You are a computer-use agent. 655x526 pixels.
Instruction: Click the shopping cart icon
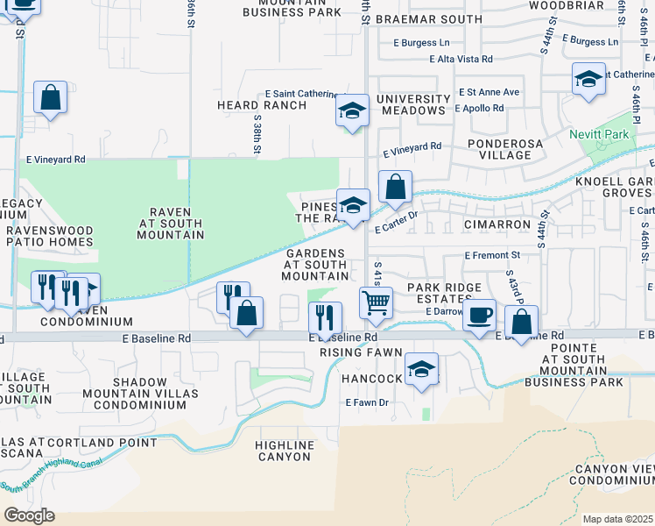(x=376, y=303)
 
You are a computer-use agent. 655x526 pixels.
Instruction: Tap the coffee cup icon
(x=479, y=316)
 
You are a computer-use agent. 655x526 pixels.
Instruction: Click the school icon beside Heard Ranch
(x=352, y=110)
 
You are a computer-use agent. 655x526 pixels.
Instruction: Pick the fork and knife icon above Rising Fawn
(x=325, y=316)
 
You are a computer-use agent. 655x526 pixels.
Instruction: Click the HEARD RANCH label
(x=262, y=105)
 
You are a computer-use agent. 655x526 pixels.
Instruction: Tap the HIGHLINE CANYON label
(x=285, y=451)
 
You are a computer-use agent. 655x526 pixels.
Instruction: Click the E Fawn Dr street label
(x=366, y=402)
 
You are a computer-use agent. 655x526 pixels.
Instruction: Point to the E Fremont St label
(x=492, y=255)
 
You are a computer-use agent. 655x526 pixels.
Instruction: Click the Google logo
(x=29, y=515)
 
